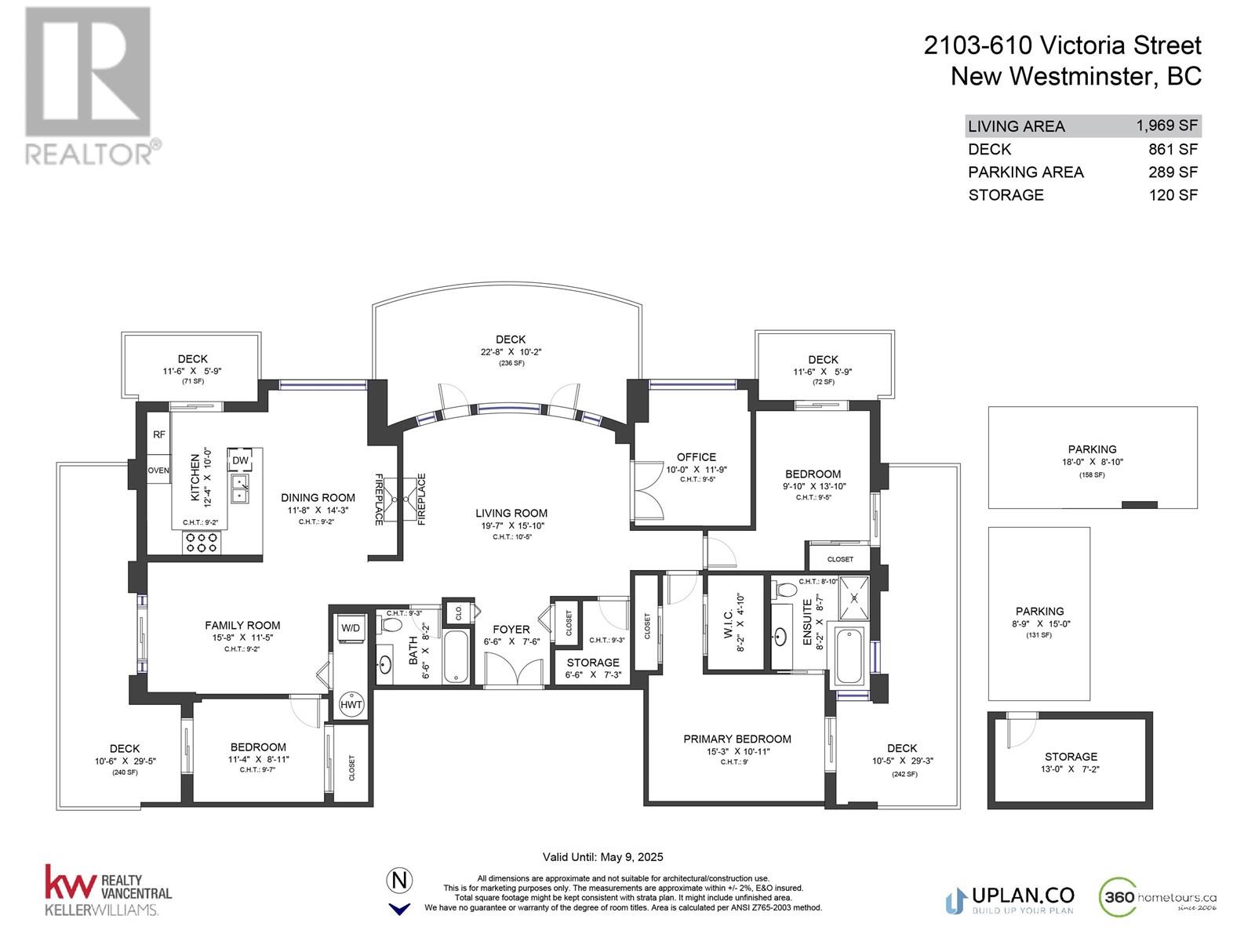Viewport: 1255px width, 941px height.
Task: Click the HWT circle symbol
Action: (x=351, y=704)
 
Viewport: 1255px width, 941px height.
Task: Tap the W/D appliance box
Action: (x=351, y=629)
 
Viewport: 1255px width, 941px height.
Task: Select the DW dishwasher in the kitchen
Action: (x=240, y=460)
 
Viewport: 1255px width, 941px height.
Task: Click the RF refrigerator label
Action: (x=159, y=434)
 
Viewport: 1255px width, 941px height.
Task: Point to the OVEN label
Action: (x=158, y=470)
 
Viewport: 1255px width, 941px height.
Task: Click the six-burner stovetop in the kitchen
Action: (x=202, y=542)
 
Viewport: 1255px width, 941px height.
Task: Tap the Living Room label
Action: (x=511, y=513)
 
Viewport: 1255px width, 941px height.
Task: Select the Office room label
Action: (x=696, y=457)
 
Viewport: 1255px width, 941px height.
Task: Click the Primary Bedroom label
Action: (x=737, y=739)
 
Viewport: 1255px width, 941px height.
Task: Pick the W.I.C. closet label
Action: (x=729, y=624)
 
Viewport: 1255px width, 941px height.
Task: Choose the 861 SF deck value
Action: (x=1173, y=149)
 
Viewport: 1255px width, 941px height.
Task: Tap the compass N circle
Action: (x=399, y=881)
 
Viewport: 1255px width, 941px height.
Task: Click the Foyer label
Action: (x=511, y=629)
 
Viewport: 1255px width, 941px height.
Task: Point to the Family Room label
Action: (x=242, y=625)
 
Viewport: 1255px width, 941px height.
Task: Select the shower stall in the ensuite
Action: (x=853, y=598)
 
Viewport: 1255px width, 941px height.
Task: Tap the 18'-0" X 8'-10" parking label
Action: (x=1092, y=462)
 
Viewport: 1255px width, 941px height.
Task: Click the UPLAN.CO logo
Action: (x=1009, y=900)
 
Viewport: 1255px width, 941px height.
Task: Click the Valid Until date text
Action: (x=602, y=857)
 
